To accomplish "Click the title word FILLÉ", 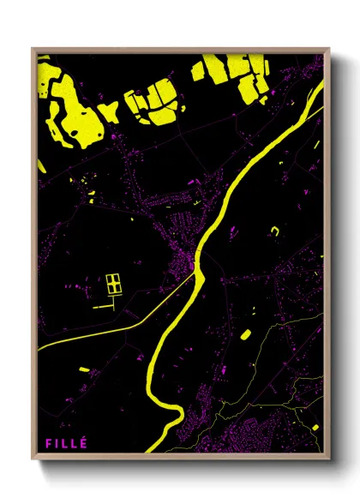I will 66,443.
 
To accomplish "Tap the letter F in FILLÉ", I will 49,443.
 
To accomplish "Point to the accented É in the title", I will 83,442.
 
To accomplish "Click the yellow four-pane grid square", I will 114,284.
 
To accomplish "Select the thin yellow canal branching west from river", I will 103,325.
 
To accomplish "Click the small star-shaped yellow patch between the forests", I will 109,111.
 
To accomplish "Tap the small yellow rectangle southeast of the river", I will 244,334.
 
